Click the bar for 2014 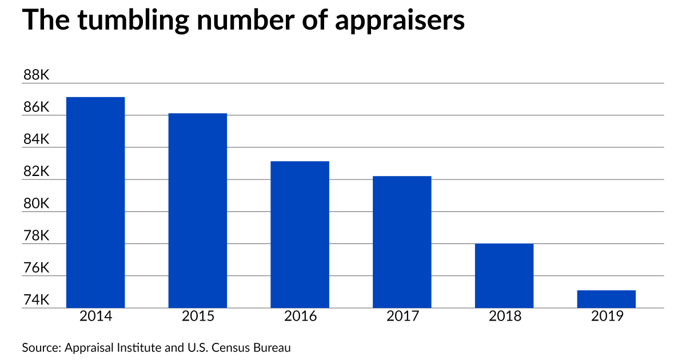coord(95,202)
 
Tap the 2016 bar coord(300,234)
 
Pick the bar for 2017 coord(402,242)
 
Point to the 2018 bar coord(504,275)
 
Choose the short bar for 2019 coord(607,299)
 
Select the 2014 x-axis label coord(95,316)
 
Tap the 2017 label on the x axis coord(402,316)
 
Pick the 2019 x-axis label coord(607,316)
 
